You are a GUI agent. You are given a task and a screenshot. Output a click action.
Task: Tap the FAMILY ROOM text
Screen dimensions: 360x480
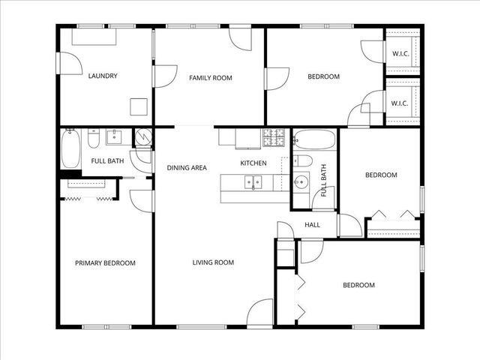coord(210,77)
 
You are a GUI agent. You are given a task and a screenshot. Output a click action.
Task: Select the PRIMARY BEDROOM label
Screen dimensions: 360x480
coord(105,263)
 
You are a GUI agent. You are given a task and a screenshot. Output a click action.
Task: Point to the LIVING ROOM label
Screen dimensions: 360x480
coord(213,262)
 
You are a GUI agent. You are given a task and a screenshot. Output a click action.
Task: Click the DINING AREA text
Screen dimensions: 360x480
coord(187,168)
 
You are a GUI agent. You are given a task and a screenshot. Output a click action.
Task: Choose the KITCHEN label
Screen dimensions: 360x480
coord(253,163)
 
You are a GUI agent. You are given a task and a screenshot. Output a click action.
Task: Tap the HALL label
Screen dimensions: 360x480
coord(312,224)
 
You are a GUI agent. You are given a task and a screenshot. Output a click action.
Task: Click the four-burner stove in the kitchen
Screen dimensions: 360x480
coord(273,137)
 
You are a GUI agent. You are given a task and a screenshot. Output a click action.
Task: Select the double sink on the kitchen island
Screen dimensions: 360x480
coord(253,181)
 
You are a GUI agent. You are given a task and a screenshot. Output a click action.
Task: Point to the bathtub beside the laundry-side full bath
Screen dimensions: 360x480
coord(70,148)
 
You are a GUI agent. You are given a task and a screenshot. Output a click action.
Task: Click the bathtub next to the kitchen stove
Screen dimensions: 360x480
coord(315,139)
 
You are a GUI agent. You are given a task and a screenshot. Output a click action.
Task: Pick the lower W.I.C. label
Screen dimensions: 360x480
coord(399,103)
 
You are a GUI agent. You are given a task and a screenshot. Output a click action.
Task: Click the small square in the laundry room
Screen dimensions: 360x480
coord(139,106)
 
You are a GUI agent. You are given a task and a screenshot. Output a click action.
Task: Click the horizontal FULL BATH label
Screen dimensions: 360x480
coord(107,161)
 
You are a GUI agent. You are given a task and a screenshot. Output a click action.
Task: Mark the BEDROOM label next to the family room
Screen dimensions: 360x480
coord(324,76)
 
